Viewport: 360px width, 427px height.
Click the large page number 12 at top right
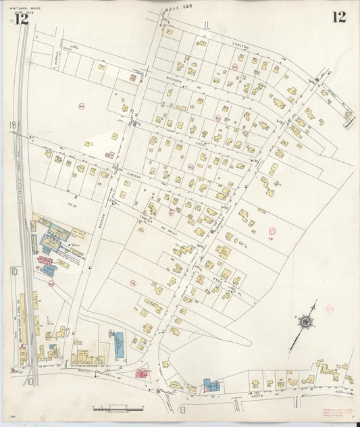pos(338,17)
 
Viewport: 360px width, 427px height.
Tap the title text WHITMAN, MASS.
pos(24,7)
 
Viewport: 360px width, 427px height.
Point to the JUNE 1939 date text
pos(24,12)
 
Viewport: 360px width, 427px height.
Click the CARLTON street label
pos(241,45)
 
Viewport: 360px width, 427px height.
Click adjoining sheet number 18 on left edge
pos(12,126)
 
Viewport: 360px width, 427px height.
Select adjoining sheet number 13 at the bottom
pos(182,409)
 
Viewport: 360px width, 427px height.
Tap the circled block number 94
pos(234,67)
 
